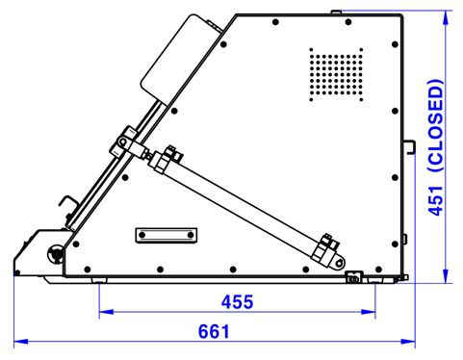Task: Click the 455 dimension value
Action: (236, 301)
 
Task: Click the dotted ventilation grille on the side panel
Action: (336, 75)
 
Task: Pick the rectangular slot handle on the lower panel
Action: (167, 235)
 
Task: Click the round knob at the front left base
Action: (55, 255)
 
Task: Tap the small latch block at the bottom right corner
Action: (352, 278)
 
